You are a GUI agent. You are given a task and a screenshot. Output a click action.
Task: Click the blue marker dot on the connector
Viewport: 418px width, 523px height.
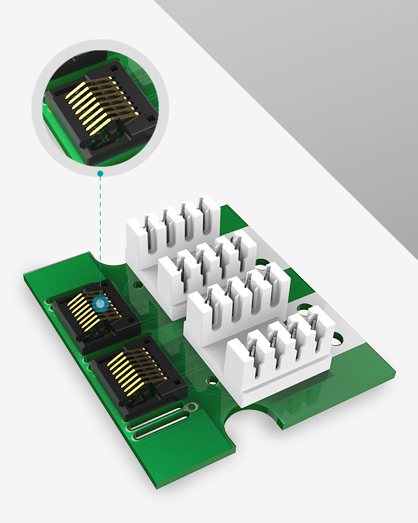pyautogui.click(x=100, y=303)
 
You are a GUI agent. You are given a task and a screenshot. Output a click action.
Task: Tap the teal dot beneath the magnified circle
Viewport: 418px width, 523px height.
pyautogui.click(x=100, y=173)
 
